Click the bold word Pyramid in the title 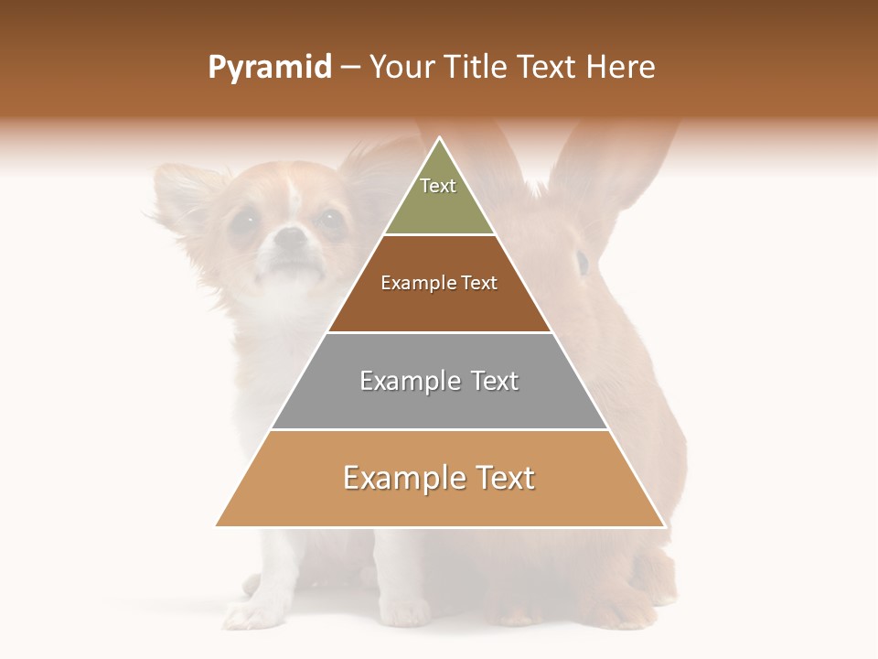(269, 68)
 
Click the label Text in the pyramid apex (438, 186)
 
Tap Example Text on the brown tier (439, 283)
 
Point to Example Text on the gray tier (439, 381)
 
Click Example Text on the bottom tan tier (439, 478)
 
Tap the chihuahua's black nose (291, 238)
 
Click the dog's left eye (243, 221)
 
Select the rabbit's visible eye (582, 263)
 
